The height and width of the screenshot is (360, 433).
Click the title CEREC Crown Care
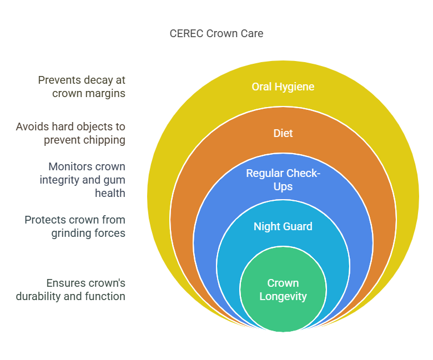pos(216,33)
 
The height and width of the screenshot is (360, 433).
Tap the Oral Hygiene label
pos(283,87)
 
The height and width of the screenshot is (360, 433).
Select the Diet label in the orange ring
pos(283,133)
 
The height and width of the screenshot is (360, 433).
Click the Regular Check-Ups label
pos(283,180)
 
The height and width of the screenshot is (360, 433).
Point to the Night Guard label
pos(283,226)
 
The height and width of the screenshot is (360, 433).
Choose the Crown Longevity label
pos(283,290)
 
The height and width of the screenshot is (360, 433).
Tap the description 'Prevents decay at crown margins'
pos(82,87)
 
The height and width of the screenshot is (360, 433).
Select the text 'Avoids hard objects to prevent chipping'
pos(71,133)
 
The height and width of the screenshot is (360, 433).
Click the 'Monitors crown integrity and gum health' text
pos(82,180)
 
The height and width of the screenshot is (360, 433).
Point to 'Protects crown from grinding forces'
pos(75,226)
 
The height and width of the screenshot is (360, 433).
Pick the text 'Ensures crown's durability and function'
pos(71,290)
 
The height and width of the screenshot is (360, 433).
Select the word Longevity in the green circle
pos(283,296)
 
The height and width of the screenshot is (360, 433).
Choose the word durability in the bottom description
pos(38,296)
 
